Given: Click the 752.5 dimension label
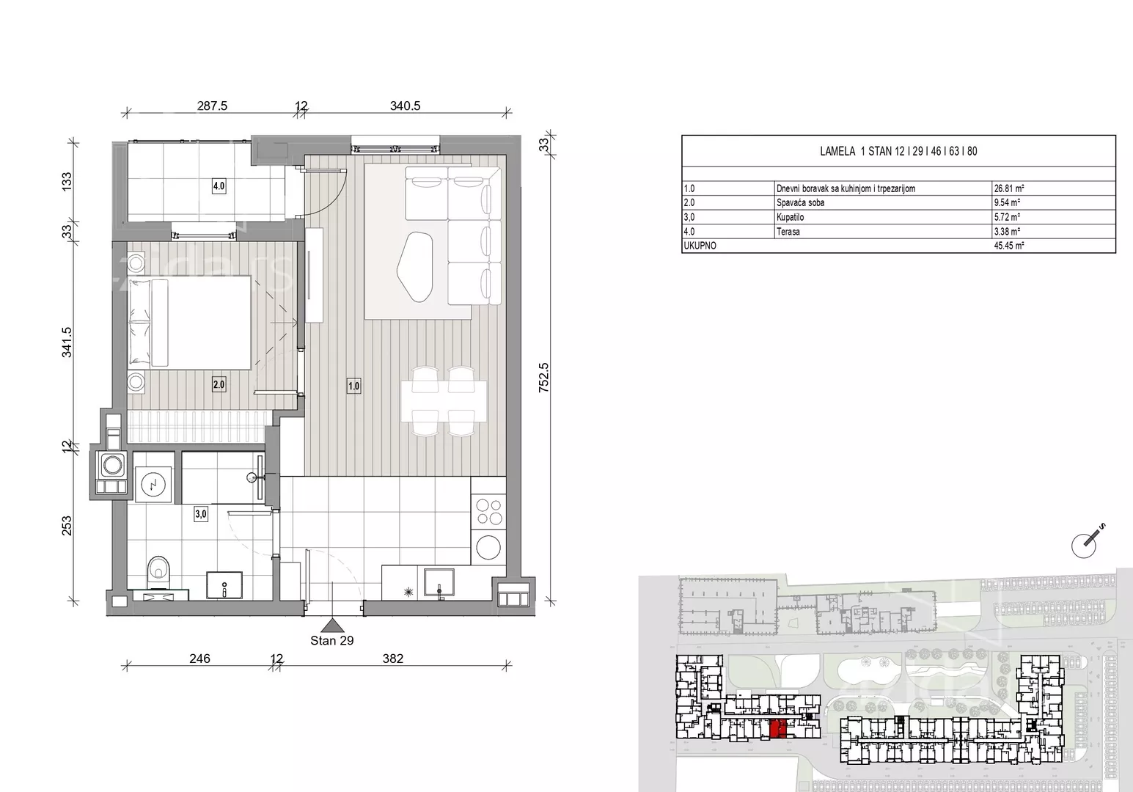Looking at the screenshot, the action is [x=543, y=377].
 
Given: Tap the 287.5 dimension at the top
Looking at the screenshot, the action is [x=212, y=106].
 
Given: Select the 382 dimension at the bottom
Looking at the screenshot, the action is [x=393, y=659].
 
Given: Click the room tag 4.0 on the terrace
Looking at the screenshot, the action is [x=219, y=186].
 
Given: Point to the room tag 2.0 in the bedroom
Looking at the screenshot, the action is [x=219, y=385].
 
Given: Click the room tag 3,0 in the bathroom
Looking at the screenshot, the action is [x=201, y=514].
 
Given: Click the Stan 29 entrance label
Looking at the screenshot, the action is [x=331, y=641].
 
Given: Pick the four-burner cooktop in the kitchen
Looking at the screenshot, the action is [x=488, y=512].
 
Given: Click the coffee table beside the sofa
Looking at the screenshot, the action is [x=415, y=267].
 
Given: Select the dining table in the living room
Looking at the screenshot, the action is [x=444, y=401].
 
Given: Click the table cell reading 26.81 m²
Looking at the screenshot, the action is [x=1009, y=188].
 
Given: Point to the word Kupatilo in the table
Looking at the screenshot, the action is [x=790, y=218].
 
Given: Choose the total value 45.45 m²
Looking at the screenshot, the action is [x=1009, y=246].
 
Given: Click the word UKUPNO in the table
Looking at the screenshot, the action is [x=700, y=246].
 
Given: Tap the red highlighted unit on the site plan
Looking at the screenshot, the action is [x=778, y=729].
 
